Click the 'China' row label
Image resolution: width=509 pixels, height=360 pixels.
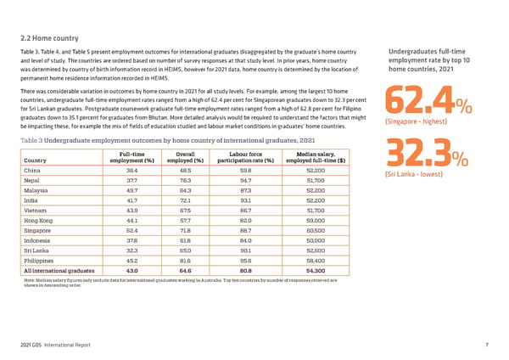36,171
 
